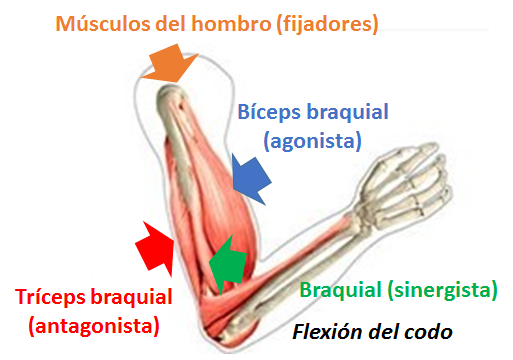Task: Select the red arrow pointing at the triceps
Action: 154,246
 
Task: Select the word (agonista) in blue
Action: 312,139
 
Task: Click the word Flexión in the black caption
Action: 325,331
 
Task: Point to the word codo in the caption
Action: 427,331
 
